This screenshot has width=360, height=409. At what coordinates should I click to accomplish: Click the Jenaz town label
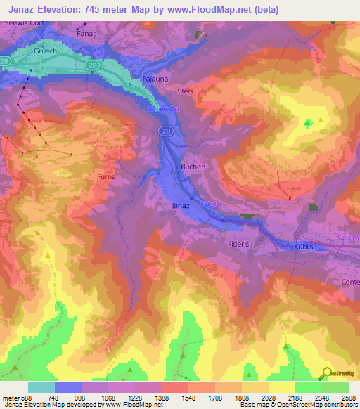point(181,207)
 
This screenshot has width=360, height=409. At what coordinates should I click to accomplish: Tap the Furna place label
point(106,176)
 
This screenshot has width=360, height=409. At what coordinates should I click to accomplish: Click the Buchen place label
point(193,167)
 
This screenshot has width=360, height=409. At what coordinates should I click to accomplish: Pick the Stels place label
point(185,91)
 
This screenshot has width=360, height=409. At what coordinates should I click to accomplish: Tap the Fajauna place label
point(155,79)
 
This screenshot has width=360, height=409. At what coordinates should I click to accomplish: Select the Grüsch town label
point(44,51)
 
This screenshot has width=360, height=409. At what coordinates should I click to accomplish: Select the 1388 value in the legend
point(160,398)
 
